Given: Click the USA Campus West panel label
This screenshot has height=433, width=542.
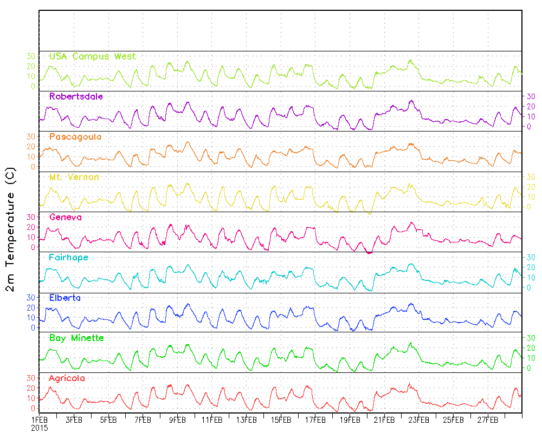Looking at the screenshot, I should (92, 56).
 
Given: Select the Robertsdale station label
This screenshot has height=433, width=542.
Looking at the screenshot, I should (76, 96).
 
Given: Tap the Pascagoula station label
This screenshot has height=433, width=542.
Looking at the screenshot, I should (75, 137).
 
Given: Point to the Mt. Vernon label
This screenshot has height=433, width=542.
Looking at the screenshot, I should (74, 177).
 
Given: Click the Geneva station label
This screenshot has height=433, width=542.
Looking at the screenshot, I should (65, 218).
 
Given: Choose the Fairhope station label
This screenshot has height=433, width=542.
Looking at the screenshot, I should (68, 258).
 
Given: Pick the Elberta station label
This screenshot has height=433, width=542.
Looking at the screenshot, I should (65, 298).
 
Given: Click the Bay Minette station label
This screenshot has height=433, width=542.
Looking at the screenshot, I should (76, 338).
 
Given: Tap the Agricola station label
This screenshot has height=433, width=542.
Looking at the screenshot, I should (67, 378).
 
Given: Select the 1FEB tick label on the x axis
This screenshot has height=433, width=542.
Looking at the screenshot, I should (40, 419).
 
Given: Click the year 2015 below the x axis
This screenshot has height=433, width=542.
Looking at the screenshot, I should (40, 427).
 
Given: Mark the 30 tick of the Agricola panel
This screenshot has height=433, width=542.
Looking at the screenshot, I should (31, 378).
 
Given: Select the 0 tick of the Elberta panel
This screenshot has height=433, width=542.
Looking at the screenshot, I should (33, 328).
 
